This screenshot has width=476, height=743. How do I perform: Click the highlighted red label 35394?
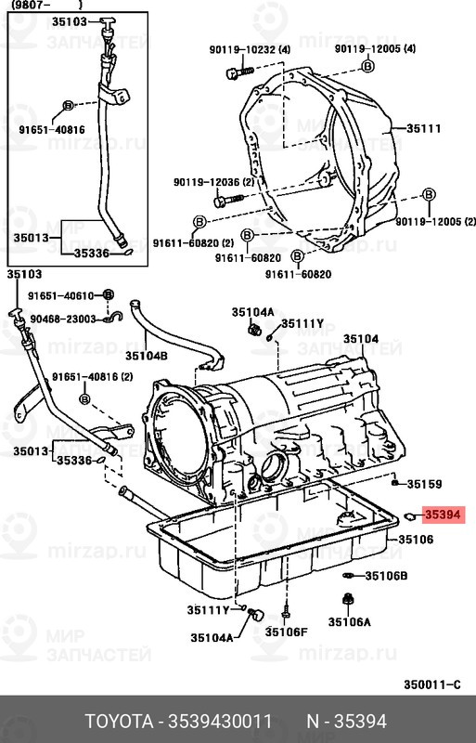point(443,515)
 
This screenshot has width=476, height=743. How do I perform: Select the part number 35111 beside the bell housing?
point(423,128)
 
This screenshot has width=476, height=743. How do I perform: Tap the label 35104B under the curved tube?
point(147,355)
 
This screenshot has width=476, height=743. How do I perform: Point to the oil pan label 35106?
point(416,540)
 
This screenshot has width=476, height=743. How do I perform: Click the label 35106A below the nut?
point(350,621)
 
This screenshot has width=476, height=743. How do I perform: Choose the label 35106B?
point(386,576)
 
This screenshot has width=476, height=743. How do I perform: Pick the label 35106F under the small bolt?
point(286,632)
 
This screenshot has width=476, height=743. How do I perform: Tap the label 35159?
point(424,484)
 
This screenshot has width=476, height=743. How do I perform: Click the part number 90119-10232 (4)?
point(251,50)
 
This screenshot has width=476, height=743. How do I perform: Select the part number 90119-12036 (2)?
point(214,182)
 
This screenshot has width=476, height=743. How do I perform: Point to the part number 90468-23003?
point(63,319)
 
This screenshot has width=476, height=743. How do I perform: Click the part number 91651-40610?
point(60,296)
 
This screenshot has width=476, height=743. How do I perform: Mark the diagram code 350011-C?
point(432,684)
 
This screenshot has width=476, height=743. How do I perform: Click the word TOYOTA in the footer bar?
point(119,722)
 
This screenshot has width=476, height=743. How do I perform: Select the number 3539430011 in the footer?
point(220,722)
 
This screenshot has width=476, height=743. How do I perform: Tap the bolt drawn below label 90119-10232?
point(239,72)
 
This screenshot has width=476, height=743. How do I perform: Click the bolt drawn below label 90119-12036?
point(228,201)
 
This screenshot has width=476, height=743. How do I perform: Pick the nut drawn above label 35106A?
point(348,600)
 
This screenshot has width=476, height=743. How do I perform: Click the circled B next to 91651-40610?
point(109,295)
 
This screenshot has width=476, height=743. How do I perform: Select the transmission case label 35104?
point(361,339)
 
